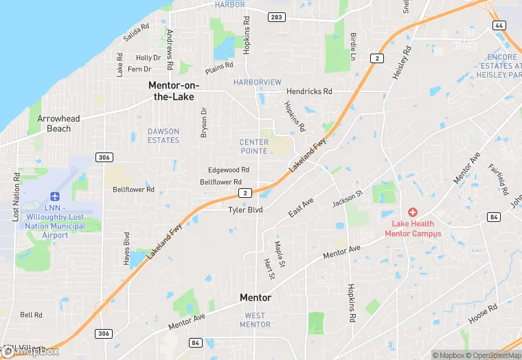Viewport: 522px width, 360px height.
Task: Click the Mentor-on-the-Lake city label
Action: [174, 90]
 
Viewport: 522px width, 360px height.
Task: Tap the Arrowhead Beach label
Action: [58, 124]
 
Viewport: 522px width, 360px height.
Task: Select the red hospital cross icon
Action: [413, 213]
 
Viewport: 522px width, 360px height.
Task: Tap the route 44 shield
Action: [499, 25]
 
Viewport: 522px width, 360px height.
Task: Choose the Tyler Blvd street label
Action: [246, 210]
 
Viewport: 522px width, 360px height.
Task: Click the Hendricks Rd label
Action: [309, 91]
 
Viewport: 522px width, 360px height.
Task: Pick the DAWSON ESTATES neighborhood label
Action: [163, 135]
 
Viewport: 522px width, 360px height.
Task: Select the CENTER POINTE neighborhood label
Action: [253, 146]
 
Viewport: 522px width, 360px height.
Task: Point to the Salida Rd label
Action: [136, 33]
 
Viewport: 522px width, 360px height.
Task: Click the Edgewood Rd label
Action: [229, 170]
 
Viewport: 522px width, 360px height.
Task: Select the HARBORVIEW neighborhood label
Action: [258, 82]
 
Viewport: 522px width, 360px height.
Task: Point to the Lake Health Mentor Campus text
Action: [416, 228]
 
